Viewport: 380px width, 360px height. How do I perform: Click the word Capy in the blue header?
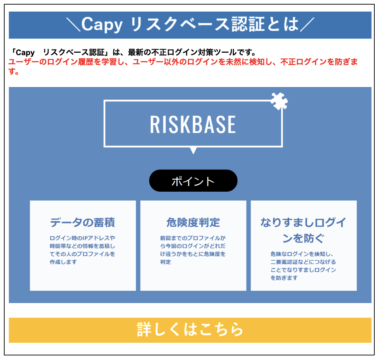[102, 25]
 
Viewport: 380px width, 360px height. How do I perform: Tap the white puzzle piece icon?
[279, 101]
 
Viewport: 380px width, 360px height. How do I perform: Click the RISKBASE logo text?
[193, 124]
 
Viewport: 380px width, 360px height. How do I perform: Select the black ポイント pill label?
[193, 181]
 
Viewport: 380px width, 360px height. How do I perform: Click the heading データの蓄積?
[83, 222]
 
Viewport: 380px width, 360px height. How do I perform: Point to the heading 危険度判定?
[193, 222]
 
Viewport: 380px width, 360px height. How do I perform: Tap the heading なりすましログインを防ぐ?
[304, 230]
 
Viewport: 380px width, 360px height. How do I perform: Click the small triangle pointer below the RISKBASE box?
[193, 150]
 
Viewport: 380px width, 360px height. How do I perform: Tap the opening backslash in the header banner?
[73, 25]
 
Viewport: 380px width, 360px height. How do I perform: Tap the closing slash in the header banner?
[307, 25]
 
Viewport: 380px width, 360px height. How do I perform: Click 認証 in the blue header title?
[248, 24]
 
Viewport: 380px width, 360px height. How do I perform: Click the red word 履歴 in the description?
[86, 62]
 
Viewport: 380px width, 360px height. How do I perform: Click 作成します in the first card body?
[63, 262]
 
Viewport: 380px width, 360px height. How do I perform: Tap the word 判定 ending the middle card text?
[166, 262]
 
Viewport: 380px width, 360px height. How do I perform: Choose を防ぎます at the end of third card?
[284, 278]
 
